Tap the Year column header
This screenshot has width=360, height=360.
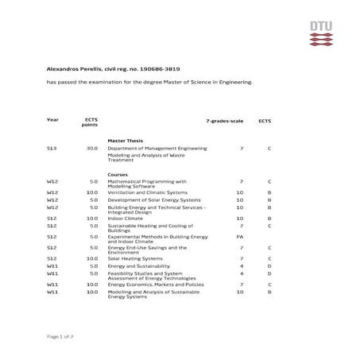click(52, 119)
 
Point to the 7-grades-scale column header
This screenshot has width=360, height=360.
click(224, 119)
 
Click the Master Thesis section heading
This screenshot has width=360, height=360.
click(125, 140)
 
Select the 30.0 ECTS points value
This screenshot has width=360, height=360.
click(92, 149)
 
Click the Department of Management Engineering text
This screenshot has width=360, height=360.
click(157, 149)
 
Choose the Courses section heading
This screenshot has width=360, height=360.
click(118, 174)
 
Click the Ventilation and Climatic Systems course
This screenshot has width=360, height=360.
click(148, 192)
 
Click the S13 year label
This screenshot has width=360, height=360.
click(52, 149)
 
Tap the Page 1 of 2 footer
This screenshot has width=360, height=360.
click(60, 337)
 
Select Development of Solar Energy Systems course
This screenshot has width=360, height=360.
click(151, 199)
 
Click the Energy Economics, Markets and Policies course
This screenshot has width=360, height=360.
click(156, 285)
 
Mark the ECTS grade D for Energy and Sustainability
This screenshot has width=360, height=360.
click(270, 265)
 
